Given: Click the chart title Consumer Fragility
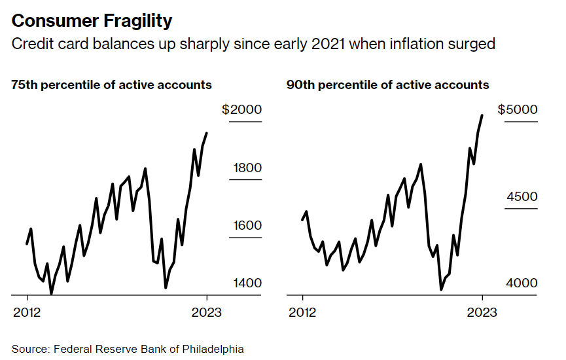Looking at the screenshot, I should (x=92, y=21).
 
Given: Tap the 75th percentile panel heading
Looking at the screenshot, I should (x=111, y=85).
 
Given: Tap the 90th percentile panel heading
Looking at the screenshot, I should (x=387, y=85).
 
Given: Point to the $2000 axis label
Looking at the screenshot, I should (x=241, y=110).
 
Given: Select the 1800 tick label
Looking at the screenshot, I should (x=247, y=168).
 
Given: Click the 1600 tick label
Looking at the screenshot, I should (x=247, y=226).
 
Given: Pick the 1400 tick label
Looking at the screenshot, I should (x=247, y=283).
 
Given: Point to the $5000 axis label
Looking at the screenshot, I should (x=518, y=110).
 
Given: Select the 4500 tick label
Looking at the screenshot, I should (x=522, y=197).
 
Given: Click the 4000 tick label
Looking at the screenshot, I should (x=522, y=283).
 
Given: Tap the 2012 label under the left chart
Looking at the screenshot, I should (x=27, y=312).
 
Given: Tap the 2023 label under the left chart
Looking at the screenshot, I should (x=206, y=312).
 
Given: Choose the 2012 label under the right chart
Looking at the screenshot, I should (x=302, y=312).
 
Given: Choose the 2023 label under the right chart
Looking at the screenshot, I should (x=482, y=312).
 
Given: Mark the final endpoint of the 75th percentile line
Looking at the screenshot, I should (x=207, y=133).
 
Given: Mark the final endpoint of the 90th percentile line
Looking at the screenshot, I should (x=482, y=115).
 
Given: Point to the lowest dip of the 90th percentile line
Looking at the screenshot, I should (x=441, y=289).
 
